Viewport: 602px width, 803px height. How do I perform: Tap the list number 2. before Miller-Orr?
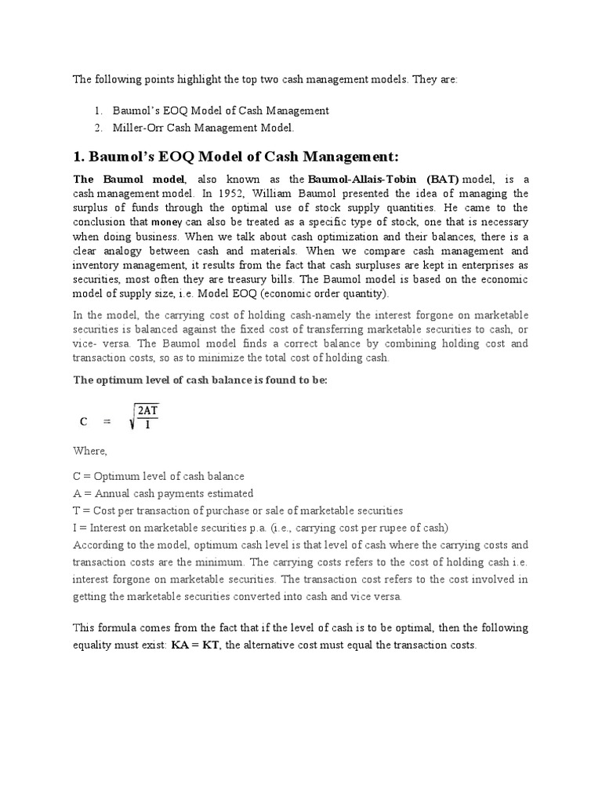point(98,127)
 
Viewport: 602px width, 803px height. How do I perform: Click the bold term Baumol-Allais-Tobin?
point(362,179)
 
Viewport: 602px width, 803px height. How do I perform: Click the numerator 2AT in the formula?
point(147,410)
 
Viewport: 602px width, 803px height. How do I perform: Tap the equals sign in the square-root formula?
point(109,421)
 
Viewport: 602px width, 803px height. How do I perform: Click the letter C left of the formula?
point(83,421)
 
